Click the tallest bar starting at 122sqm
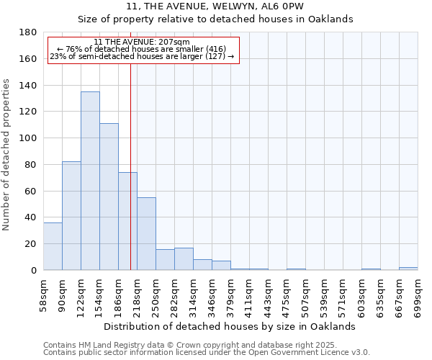click(x=90, y=180)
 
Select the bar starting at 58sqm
click(x=53, y=246)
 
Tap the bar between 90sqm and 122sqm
click(x=71, y=216)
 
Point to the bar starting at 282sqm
click(x=184, y=259)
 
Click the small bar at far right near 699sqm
click(x=408, y=269)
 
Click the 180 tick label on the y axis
click(x=29, y=32)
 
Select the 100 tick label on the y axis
click(x=29, y=138)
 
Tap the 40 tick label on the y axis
click(x=32, y=217)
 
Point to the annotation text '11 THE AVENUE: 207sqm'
click(x=142, y=42)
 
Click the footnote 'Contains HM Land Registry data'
click(x=206, y=345)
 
